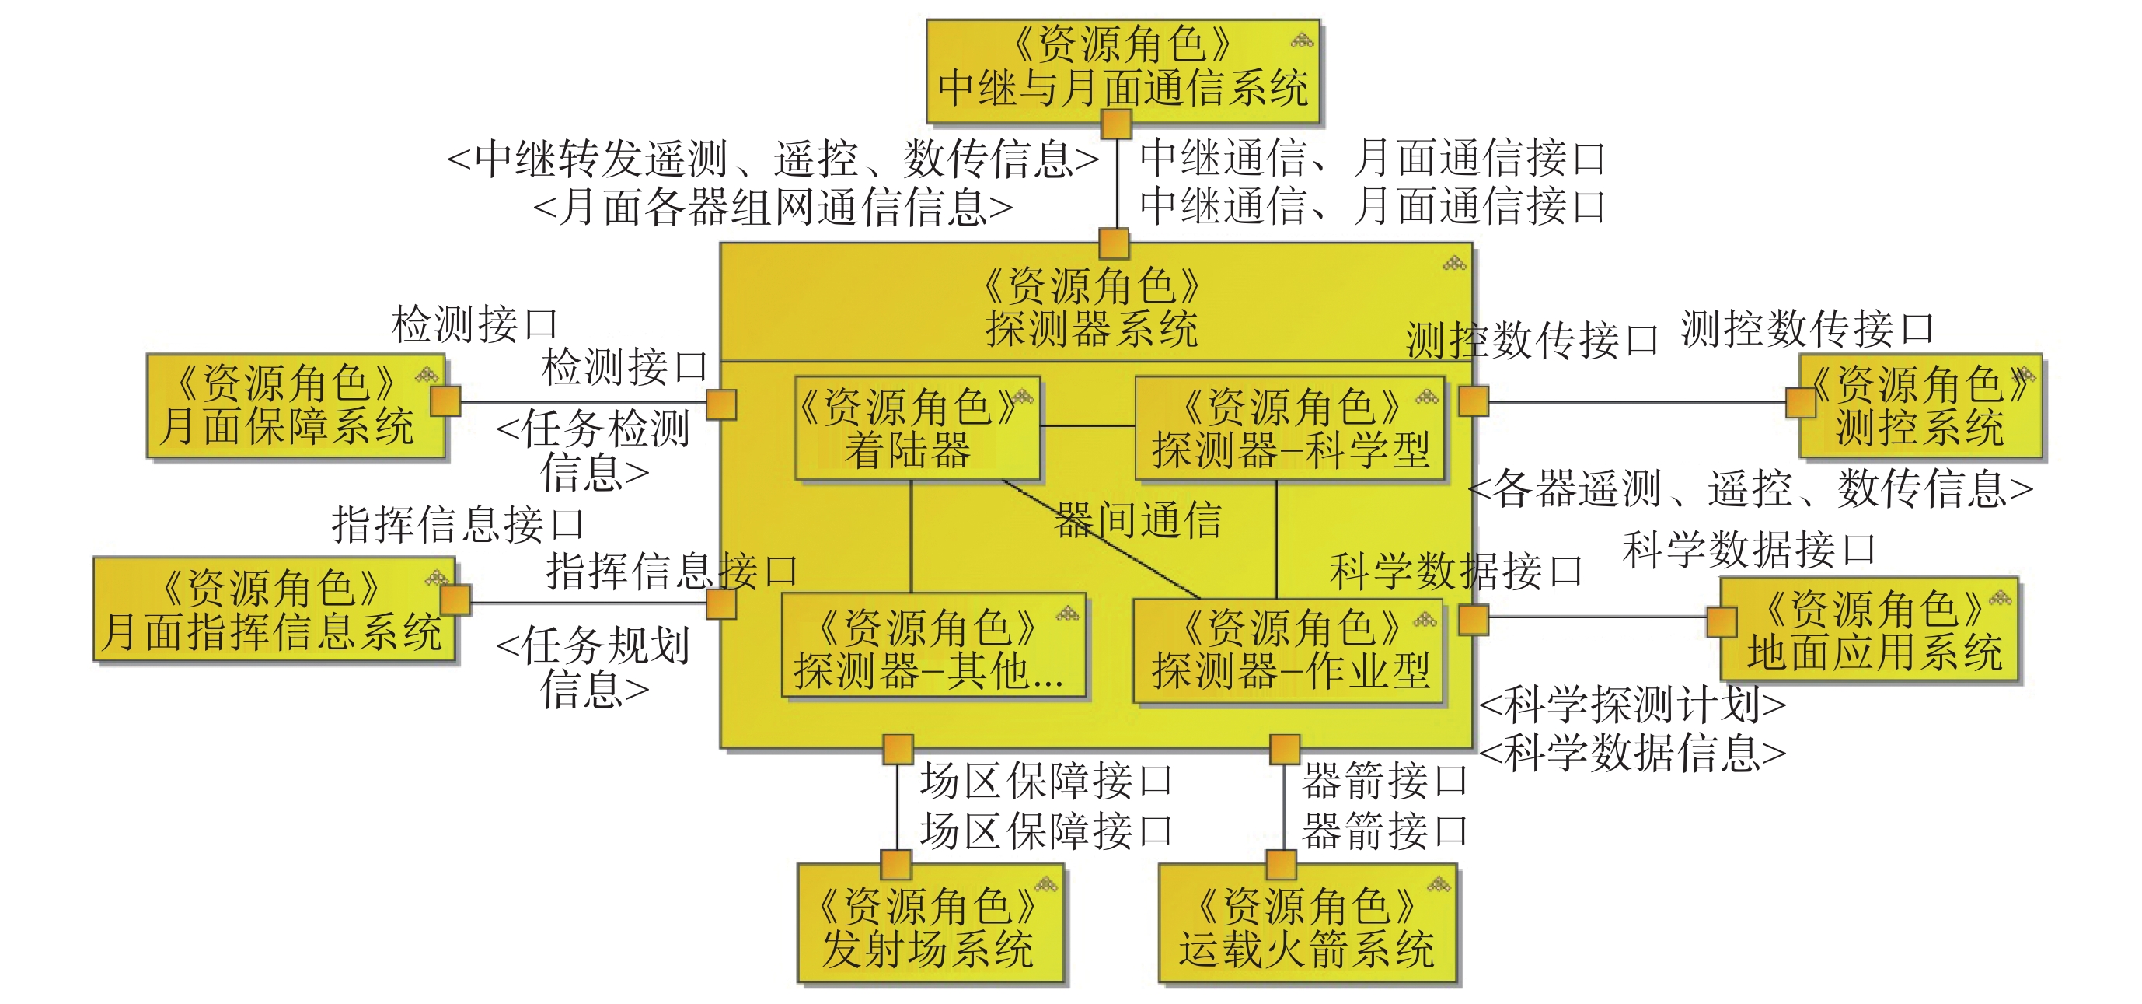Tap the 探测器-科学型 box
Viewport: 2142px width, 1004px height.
click(1289, 429)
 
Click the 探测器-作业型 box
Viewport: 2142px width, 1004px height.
click(1289, 650)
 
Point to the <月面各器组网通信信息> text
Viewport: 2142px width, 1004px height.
click(773, 207)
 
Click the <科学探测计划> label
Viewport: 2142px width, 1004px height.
click(1632, 705)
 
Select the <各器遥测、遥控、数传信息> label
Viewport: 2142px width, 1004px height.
click(1750, 488)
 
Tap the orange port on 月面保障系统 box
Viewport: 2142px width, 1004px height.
click(445, 401)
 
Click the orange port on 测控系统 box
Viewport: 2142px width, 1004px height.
click(1800, 404)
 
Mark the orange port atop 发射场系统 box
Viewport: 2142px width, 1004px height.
click(896, 864)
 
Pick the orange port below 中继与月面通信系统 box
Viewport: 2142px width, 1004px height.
click(1116, 124)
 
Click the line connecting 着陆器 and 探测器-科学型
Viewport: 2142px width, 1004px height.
click(1087, 426)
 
